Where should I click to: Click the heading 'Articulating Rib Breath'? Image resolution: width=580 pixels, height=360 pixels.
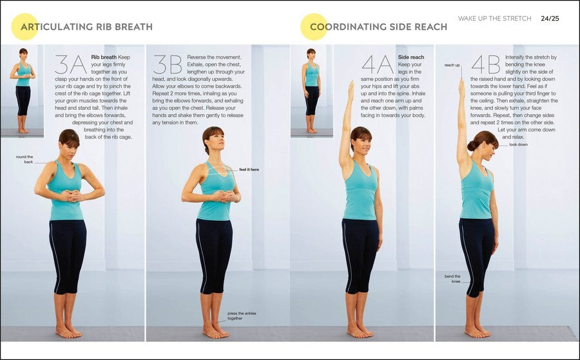tap(86, 26)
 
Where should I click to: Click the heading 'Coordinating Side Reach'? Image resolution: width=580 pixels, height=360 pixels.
tap(378, 26)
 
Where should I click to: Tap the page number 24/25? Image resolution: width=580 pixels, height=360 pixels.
tap(550, 18)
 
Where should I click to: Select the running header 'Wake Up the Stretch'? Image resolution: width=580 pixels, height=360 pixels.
tap(494, 18)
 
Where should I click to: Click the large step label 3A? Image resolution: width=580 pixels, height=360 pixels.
tap(71, 64)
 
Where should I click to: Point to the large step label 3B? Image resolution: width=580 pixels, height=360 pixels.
tap(168, 64)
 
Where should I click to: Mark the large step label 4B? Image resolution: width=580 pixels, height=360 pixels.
tap(486, 64)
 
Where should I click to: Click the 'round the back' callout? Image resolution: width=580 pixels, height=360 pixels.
tap(24, 159)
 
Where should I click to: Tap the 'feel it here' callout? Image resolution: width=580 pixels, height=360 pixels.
tap(249, 169)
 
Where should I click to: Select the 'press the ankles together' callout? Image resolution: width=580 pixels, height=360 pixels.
tap(242, 316)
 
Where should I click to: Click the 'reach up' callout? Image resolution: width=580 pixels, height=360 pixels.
tap(452, 65)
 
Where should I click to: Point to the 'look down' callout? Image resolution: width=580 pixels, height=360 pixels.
tap(519, 144)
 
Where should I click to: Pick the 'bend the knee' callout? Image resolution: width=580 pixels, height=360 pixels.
tap(453, 279)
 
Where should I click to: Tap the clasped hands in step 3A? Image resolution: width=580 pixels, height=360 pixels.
tap(71, 196)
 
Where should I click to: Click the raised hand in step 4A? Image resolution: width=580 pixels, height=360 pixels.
tap(350, 91)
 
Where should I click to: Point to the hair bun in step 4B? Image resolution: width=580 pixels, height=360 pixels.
tap(472, 146)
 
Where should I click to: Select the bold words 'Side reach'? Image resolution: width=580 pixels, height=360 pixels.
tap(411, 57)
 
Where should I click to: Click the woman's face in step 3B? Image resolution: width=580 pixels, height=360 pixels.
tap(217, 140)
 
